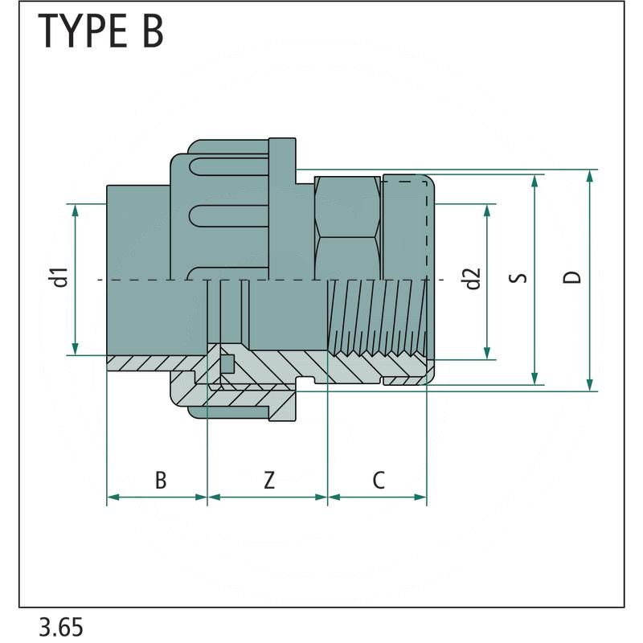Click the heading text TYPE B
tap(101, 31)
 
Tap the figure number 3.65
tap(61, 626)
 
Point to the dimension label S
tap(520, 278)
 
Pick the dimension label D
tap(572, 278)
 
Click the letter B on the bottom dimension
tap(161, 480)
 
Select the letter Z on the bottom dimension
tap(269, 480)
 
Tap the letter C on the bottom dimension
tap(379, 480)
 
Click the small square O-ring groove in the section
tap(227, 362)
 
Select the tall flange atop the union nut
tap(282, 161)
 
